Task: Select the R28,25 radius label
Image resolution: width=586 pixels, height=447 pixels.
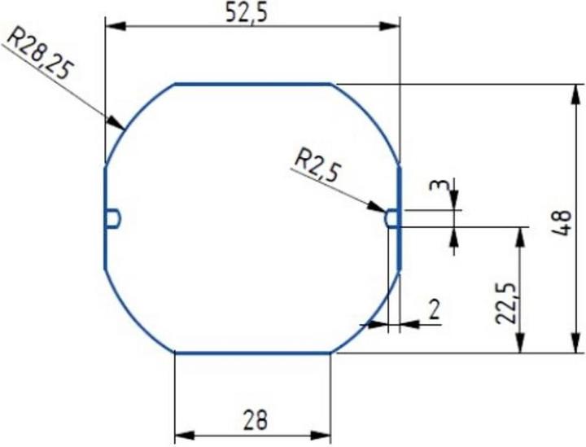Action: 38,50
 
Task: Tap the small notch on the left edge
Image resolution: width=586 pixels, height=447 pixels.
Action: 114,217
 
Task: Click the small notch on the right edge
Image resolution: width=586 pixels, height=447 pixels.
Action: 391,217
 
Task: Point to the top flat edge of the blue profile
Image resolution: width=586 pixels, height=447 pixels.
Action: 252,83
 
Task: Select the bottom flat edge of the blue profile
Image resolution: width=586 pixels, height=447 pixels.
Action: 252,353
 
